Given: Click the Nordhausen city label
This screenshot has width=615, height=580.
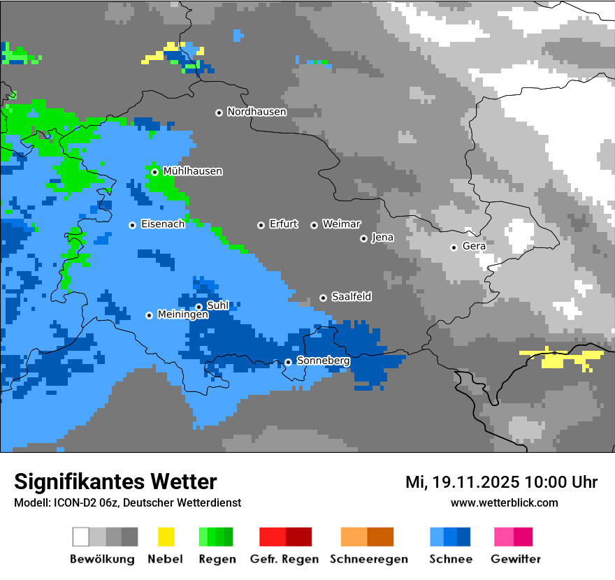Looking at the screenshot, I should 256,112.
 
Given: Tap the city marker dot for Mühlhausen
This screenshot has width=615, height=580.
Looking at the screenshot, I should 154,172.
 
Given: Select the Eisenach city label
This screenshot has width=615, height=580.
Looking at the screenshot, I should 163,224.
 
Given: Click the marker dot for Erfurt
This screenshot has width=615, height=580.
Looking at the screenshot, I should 261,225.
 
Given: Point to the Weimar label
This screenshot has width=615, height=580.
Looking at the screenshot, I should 341,224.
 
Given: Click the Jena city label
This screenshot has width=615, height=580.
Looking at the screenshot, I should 382,238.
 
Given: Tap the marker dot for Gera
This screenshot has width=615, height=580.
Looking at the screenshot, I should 454,247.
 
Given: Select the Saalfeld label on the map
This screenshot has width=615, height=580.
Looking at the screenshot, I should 351,297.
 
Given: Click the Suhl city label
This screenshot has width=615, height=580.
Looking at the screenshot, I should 218,306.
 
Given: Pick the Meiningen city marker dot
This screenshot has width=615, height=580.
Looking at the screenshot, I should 149,315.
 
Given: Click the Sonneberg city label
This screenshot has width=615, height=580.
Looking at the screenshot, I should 323,361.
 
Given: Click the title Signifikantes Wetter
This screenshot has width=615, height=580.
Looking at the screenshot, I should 115,481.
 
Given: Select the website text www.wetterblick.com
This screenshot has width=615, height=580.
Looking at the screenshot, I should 504,502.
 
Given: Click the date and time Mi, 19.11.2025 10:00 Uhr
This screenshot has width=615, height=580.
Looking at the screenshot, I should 501,482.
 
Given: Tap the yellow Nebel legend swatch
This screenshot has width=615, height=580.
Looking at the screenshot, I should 166,537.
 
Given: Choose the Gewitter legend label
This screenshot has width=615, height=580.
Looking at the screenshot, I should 515,559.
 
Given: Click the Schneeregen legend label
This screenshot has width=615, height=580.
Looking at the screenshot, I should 369,559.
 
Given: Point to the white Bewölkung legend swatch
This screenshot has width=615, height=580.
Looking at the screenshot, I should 81,537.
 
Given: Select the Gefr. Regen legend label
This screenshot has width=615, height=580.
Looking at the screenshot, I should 284,559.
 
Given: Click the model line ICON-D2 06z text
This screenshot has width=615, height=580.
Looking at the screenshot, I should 127,502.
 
